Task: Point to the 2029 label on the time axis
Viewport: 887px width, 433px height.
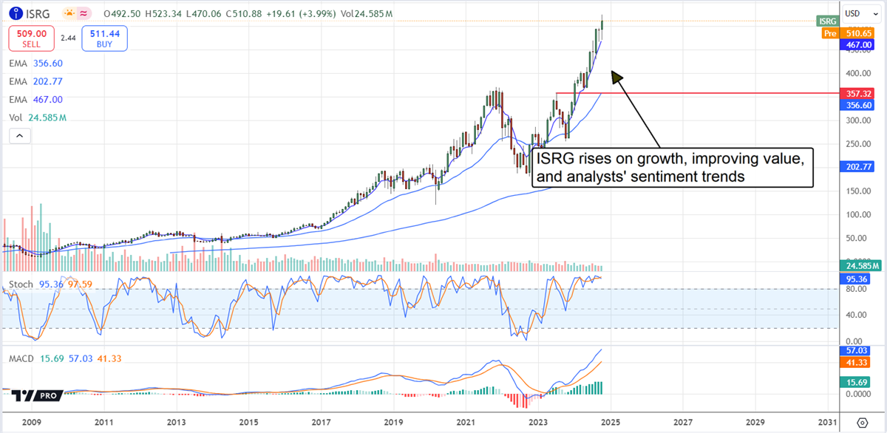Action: tap(755, 423)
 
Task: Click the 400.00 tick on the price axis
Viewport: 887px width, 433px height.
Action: tap(857, 73)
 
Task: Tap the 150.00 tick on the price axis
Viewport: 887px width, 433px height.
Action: tap(857, 191)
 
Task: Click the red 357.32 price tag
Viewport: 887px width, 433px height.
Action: tap(860, 94)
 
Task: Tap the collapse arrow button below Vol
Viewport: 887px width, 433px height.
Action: tap(19, 135)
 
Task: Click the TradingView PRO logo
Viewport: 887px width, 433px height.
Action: tap(35, 395)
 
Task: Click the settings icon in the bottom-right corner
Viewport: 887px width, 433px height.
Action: tap(862, 423)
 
